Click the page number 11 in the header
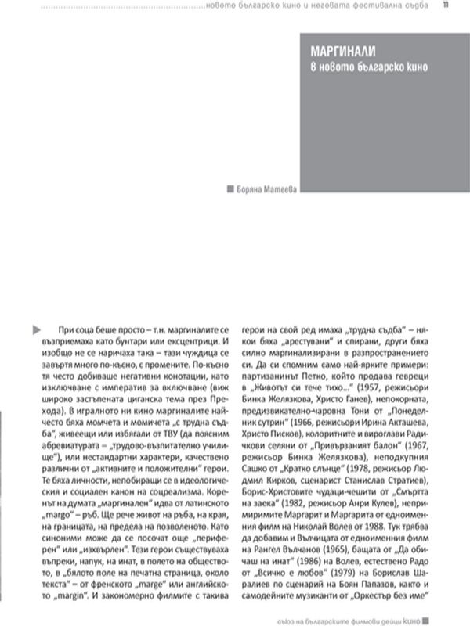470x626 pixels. (445, 6)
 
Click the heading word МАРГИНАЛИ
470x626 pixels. (342, 52)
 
